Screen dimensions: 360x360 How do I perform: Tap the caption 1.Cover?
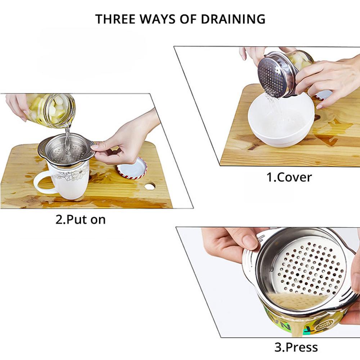289,177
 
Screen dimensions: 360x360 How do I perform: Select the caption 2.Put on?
81,219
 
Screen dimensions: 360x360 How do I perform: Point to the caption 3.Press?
296,347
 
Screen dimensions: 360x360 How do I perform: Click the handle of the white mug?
40,182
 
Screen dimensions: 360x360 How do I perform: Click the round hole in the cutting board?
150,186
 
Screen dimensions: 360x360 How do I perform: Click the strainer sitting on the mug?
67,149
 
